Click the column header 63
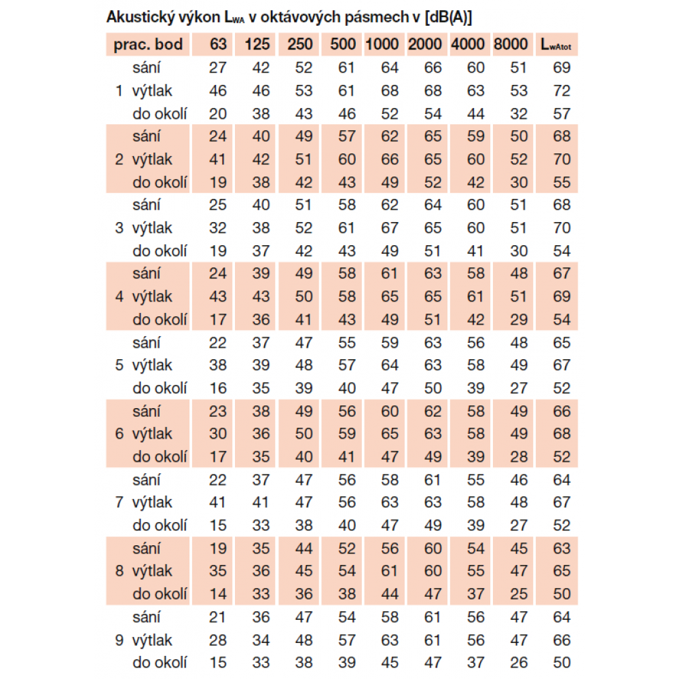tap(217, 45)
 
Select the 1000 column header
tap(382, 45)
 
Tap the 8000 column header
tap(511, 45)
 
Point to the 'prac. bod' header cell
tap(148, 45)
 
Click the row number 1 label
tap(120, 90)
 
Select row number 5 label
tap(120, 365)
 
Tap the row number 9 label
tap(120, 640)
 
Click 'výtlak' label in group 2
tap(152, 160)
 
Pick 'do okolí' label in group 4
tap(160, 319)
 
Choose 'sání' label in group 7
tap(147, 479)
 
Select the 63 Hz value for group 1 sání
tap(217, 68)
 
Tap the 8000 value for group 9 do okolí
tap(519, 663)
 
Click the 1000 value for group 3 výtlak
tap(390, 228)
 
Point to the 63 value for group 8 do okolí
tap(217, 594)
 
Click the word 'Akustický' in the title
tap(136, 18)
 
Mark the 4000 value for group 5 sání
tap(476, 343)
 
